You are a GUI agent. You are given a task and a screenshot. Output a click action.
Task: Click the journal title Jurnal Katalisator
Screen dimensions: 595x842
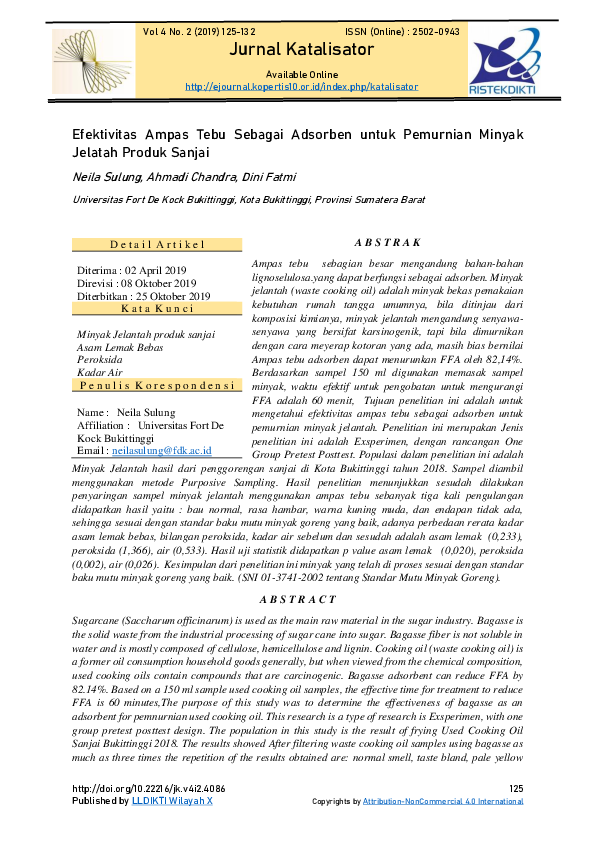(297, 51)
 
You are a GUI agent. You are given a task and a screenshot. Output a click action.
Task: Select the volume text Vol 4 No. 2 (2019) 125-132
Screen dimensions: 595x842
(199, 32)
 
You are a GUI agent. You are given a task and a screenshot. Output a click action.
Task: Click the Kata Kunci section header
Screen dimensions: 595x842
(157, 308)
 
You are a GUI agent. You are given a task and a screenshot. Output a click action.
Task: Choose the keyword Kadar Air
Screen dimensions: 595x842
(99, 372)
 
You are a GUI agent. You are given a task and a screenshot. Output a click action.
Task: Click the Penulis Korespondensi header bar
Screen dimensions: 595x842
(157, 385)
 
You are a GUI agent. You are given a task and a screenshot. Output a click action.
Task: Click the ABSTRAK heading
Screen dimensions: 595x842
(388, 242)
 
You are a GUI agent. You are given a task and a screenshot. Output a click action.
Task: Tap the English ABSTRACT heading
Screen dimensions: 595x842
(298, 600)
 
